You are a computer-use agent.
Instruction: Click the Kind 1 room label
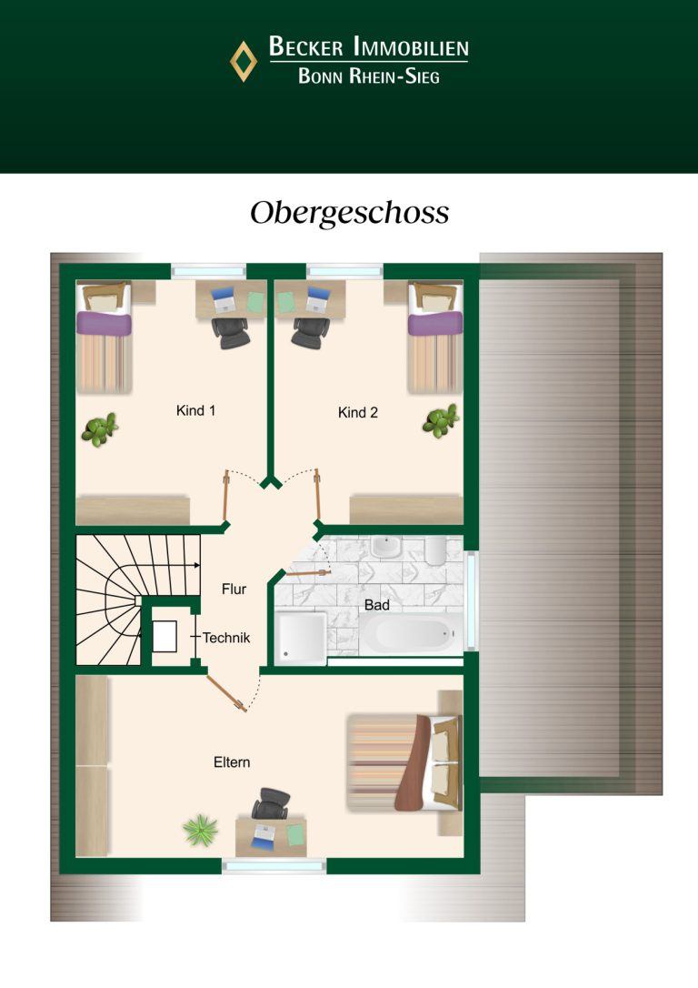pos(195,411)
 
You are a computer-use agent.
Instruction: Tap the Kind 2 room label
pos(357,413)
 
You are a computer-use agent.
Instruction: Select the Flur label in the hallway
pos(234,590)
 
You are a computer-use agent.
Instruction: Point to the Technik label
pos(226,638)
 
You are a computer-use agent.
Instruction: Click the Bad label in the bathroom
pos(377,605)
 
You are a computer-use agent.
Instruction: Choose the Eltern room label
pos(232,762)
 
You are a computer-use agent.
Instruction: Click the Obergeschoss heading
pos(349,213)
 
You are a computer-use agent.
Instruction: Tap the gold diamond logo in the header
pos(243,62)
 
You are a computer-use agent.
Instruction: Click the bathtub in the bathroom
pos(410,634)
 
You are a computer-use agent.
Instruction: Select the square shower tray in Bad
pos(301,638)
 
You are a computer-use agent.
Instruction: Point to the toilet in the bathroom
pos(435,550)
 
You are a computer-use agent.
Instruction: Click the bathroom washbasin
pos(386,547)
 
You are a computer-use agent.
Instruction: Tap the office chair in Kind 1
pos(230,332)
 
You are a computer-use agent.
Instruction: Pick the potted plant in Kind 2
pos(441,420)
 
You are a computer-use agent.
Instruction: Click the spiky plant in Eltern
pos(200,829)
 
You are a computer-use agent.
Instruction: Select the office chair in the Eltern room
pos(271,803)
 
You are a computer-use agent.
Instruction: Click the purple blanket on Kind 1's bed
pos(104,324)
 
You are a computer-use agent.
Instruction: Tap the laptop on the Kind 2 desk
pos(318,299)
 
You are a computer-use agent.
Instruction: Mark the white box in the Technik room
pos(165,637)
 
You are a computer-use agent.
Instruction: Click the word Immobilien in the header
pos(411,47)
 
